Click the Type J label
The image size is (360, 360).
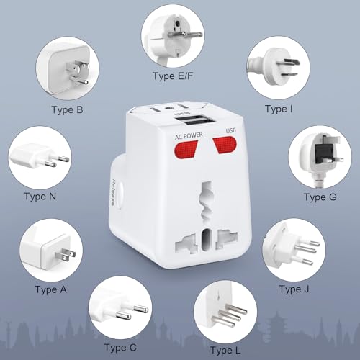click(295, 289)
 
